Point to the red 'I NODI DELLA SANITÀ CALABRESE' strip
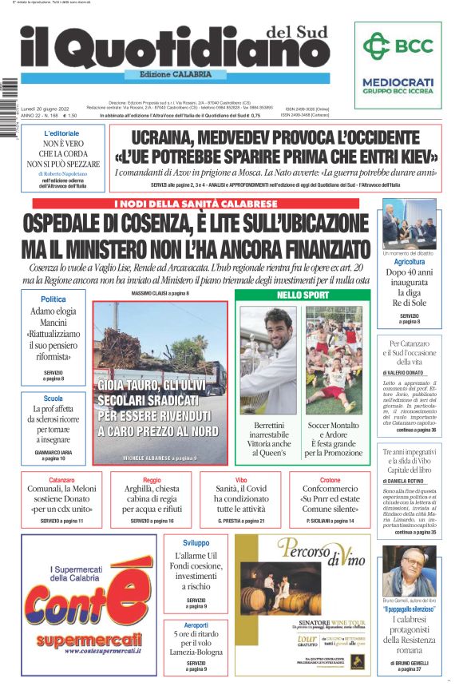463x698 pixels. click(196, 204)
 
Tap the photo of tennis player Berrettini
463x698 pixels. click(267, 360)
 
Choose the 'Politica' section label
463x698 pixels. click(53, 299)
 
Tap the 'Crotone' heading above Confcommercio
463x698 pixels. click(330, 481)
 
